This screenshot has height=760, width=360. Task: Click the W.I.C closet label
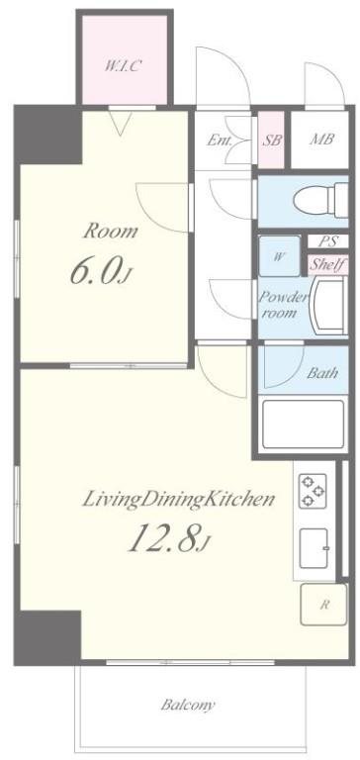tap(123, 65)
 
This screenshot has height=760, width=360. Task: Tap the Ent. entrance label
tap(220, 141)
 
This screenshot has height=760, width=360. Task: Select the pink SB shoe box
tap(271, 141)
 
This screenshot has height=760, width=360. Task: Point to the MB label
tap(321, 140)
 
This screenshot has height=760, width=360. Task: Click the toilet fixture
tap(321, 200)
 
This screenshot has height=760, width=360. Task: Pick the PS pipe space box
tap(328, 240)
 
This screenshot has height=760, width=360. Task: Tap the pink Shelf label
tap(328, 264)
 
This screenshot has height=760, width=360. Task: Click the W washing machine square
tap(279, 256)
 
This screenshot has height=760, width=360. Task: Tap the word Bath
tap(322, 373)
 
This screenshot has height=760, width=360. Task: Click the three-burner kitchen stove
tap(312, 491)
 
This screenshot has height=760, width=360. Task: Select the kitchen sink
tap(315, 548)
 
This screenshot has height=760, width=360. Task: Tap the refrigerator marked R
tap(323, 605)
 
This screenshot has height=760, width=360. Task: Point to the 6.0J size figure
tap(101, 271)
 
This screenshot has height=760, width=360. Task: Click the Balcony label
tap(188, 705)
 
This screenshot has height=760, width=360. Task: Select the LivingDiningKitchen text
tap(178, 499)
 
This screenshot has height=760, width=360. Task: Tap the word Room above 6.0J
tap(111, 232)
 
